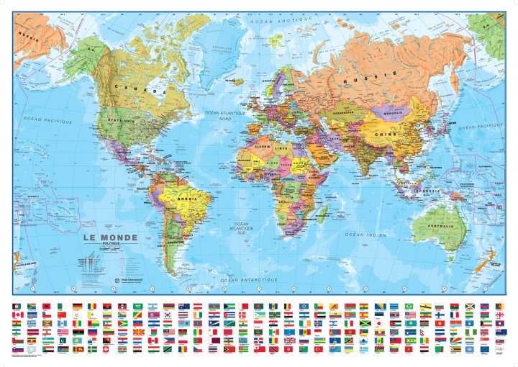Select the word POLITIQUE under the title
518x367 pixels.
pyautogui.click(x=101, y=245)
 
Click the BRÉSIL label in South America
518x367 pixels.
pyautogui.click(x=185, y=198)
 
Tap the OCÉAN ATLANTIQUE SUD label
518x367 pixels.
pyautogui.click(x=242, y=230)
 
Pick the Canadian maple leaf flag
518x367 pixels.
pyautogui.click(x=18, y=315)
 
